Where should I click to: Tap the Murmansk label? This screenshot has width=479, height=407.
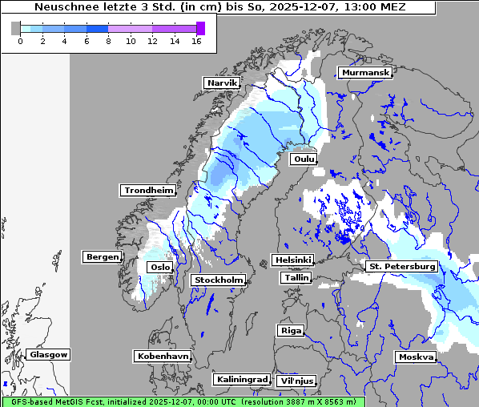click(x=365, y=73)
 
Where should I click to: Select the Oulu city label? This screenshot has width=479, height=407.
click(x=304, y=159)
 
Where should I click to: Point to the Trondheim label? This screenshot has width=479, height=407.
click(x=148, y=190)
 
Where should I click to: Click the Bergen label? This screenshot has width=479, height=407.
click(x=101, y=257)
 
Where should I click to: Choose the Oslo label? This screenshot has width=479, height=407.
click(x=159, y=268)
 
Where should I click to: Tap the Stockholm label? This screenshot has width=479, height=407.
click(x=218, y=280)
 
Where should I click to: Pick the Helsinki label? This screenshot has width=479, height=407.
click(x=292, y=260)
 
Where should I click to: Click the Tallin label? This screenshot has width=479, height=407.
click(x=296, y=277)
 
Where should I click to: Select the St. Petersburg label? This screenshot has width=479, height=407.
click(x=401, y=266)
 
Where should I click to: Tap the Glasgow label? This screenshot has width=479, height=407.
click(x=49, y=354)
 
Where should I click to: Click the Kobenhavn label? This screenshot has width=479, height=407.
click(x=163, y=356)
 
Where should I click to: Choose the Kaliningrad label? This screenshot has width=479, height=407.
click(x=241, y=379)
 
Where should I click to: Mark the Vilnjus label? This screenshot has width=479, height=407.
click(x=296, y=381)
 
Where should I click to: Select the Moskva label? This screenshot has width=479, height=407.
click(x=416, y=357)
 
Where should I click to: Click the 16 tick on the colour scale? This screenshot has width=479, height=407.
click(x=196, y=41)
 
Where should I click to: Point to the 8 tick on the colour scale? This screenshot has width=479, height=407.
click(x=108, y=41)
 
